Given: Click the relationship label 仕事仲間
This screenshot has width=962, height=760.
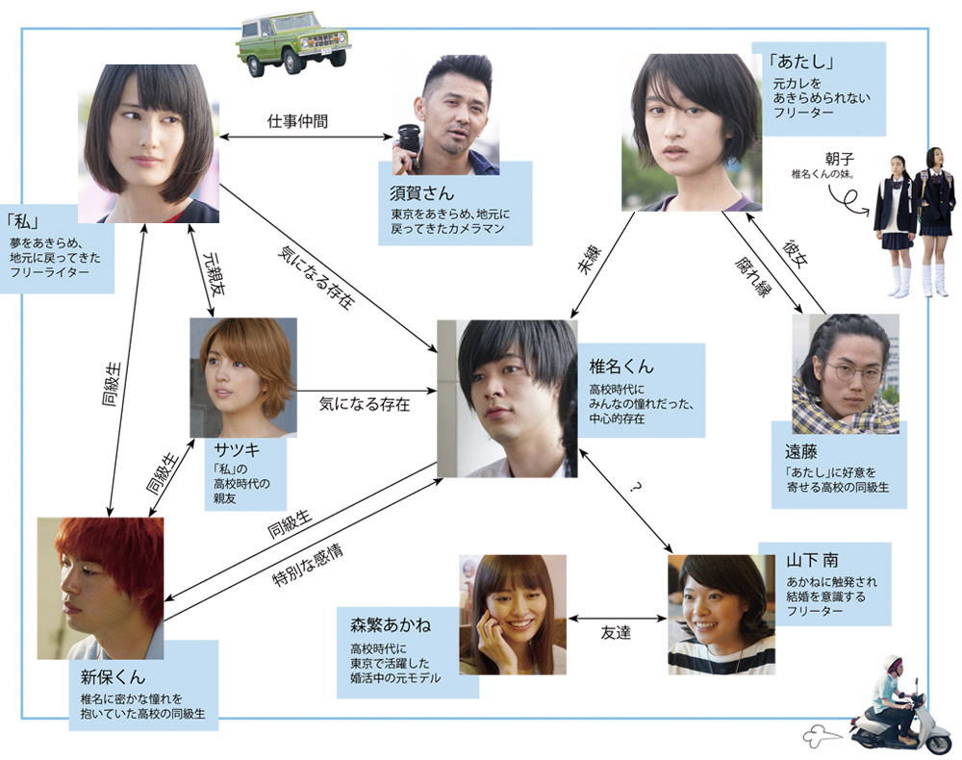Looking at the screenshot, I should (x=298, y=122).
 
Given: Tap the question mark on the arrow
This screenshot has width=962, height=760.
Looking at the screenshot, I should (x=636, y=489).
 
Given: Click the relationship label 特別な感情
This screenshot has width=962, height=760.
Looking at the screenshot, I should (x=309, y=567).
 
